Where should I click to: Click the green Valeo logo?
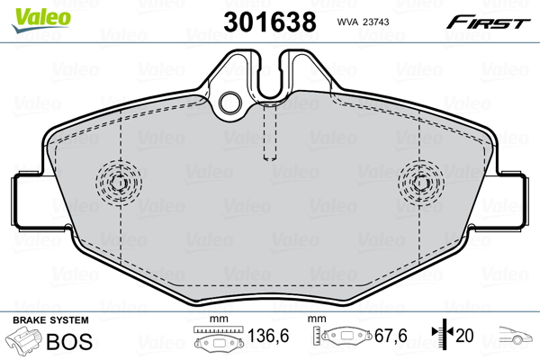tap(41, 20)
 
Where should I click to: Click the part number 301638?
tap(270, 22)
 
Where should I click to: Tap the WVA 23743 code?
tap(363, 22)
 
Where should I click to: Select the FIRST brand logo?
tap(488, 22)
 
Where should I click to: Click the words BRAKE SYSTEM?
tap(50, 320)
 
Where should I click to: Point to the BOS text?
tap(69, 341)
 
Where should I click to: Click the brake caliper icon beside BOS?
tap(24, 341)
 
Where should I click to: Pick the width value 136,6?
tap(268, 336)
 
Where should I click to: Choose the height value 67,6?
tap(391, 336)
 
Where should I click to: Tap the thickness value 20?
tap(464, 335)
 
